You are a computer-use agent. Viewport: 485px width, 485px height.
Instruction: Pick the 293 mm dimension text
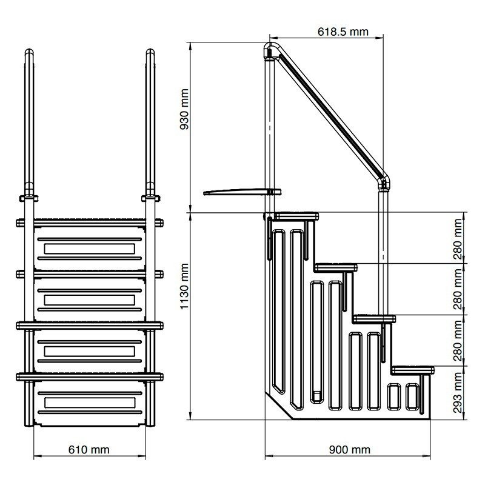458,392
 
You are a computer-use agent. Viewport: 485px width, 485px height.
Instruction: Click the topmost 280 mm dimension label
458,238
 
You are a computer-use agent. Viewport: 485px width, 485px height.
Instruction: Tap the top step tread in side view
296,215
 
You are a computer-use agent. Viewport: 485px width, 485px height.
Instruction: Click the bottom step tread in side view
413,369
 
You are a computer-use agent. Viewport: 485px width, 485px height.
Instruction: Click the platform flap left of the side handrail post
236,193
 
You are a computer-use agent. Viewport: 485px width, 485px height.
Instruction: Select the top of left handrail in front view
29,55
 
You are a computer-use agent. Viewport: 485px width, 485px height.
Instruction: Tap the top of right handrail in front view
150,55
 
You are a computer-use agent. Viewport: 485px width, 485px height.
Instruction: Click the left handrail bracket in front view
29,198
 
